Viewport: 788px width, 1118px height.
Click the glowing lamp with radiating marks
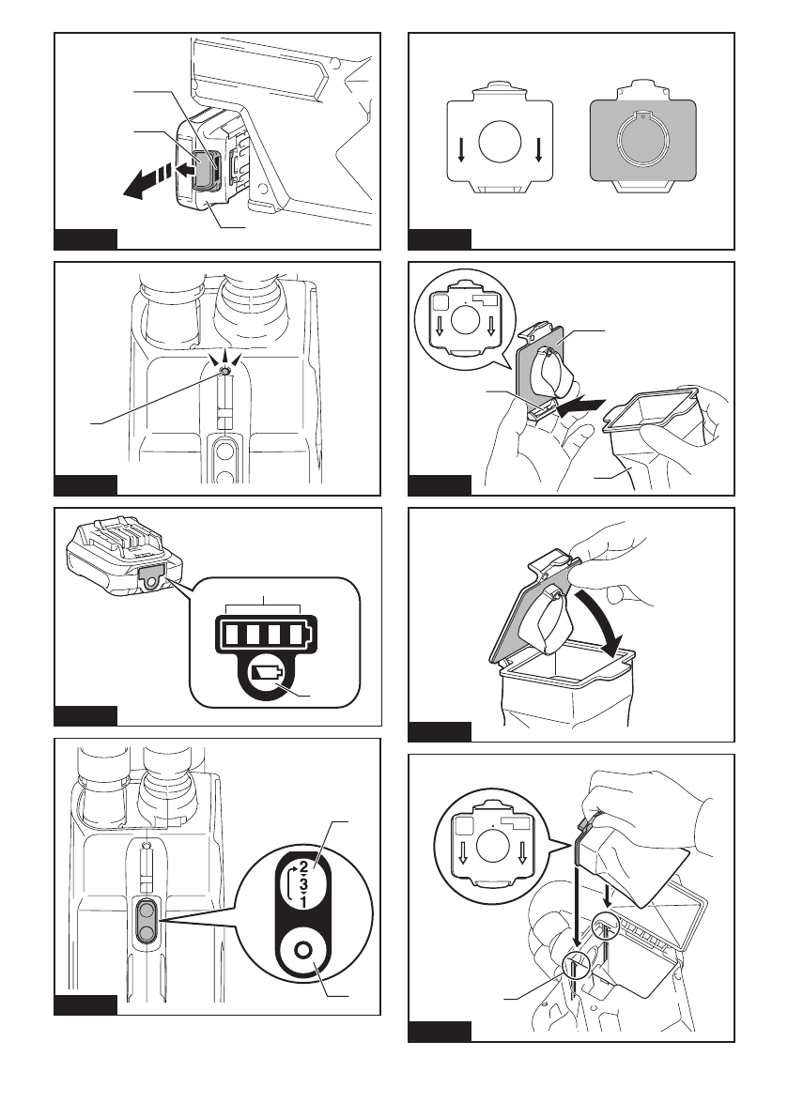(x=224, y=371)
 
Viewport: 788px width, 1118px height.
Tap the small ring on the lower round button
(x=303, y=951)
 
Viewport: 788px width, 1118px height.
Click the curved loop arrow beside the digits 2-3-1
(x=289, y=883)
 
